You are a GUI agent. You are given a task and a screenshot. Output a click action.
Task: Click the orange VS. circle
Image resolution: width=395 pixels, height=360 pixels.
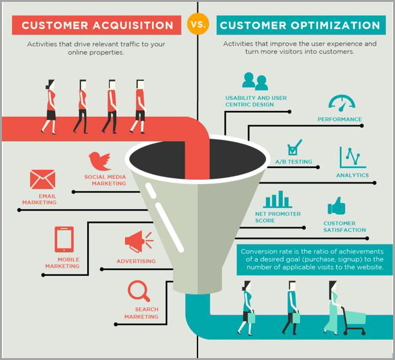click(x=197, y=25)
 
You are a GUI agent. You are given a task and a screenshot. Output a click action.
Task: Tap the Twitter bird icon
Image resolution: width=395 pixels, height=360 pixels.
click(x=100, y=160)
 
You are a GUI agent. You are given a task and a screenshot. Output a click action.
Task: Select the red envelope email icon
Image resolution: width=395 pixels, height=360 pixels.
click(x=43, y=179)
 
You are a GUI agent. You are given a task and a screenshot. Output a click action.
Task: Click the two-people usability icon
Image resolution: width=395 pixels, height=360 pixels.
click(x=255, y=81)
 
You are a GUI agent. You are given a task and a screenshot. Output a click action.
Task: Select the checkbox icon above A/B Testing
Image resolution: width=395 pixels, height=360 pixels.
click(x=294, y=147)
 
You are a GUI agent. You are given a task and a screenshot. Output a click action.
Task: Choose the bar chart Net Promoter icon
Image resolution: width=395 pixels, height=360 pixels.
click(x=277, y=200)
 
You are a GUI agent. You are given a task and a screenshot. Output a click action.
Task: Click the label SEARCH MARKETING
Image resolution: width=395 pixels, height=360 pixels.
click(x=142, y=313)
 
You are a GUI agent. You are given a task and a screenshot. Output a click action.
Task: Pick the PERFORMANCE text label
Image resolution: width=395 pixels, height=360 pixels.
click(x=340, y=119)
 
